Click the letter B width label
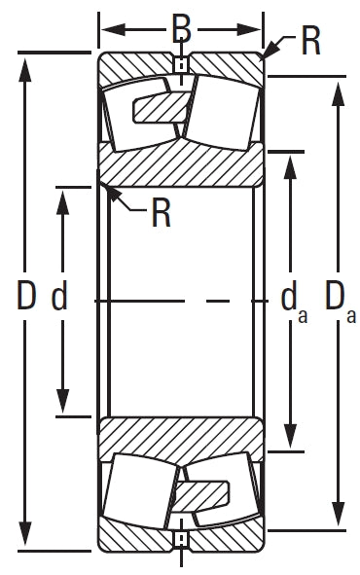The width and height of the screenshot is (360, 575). pos(182,29)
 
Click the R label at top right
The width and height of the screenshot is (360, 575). pos(310,41)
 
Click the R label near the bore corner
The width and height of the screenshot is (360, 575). pos(161,213)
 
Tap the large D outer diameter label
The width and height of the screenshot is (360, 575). pos(26,295)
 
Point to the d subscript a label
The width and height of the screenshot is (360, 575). pos(294,302)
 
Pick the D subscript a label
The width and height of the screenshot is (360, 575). pos(341,302)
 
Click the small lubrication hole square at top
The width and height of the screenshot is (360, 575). pos(181,66)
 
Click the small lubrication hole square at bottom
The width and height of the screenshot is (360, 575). pos(181,539)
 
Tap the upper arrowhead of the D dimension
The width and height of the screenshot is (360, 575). pos(24,69)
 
